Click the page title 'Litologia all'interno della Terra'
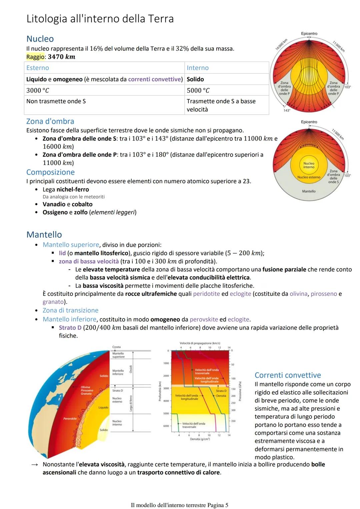[100, 19]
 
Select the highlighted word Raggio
[35, 57]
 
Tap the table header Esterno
[38, 68]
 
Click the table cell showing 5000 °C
[198, 90]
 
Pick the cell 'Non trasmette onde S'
[56, 101]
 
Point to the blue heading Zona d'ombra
[50, 121]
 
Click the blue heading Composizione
[50, 172]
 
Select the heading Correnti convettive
[287, 375]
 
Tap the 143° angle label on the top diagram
[287, 110]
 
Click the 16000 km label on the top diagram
[281, 44]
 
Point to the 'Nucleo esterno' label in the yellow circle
[309, 177]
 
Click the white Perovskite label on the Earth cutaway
[70, 419]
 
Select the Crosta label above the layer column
[116, 347]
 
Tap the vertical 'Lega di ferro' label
[131, 403]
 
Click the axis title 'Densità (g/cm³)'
[200, 439]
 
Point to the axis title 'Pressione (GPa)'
[240, 392]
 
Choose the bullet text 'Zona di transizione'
[70, 310]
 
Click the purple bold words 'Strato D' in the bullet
[70, 328]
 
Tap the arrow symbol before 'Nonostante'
[34, 465]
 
